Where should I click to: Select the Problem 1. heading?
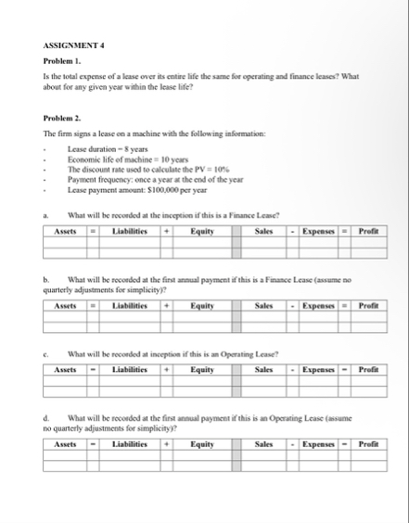click(63, 60)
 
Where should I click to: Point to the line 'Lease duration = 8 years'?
click(103, 149)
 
